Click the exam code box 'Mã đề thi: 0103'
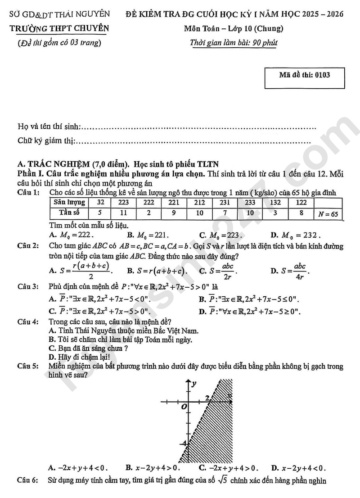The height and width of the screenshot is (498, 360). click(304, 75)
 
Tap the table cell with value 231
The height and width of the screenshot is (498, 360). click(225, 202)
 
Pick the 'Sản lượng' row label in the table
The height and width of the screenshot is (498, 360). click(69, 202)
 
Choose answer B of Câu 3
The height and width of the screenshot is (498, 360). click(249, 299)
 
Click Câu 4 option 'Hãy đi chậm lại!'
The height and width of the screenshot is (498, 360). click(78, 357)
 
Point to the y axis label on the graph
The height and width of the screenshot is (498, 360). click(194, 384)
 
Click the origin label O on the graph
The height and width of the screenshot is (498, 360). click(183, 406)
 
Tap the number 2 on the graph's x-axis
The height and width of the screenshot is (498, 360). click(207, 398)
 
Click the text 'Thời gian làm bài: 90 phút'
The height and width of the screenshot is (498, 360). click(234, 43)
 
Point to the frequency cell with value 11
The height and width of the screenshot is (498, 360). click(123, 213)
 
